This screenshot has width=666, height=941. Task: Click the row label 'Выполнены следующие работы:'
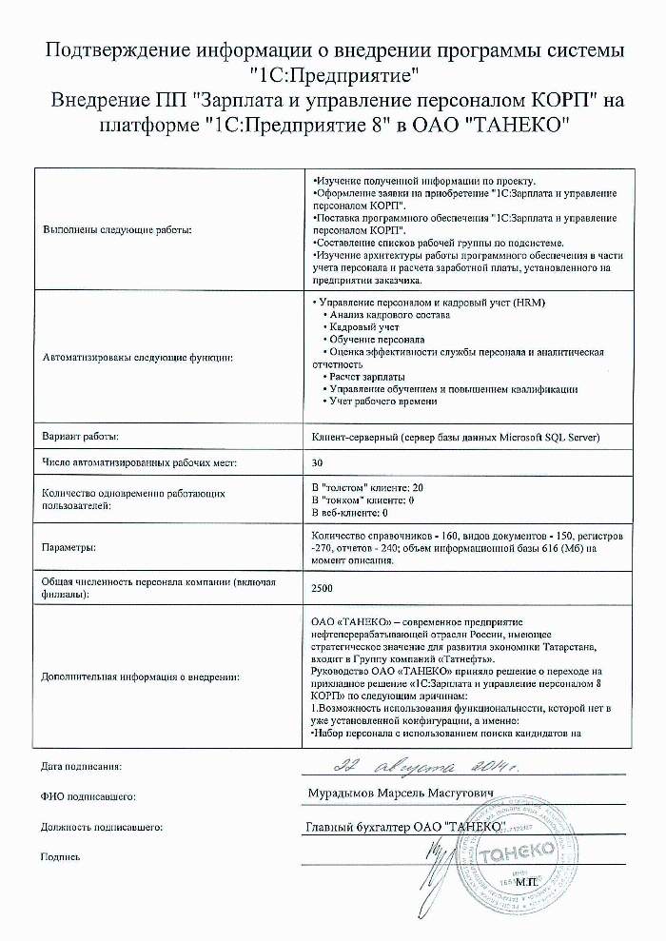(x=116, y=230)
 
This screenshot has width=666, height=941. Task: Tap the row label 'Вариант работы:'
(x=80, y=437)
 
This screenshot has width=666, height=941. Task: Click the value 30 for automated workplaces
(x=318, y=463)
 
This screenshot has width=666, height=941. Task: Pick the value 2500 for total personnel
(x=323, y=588)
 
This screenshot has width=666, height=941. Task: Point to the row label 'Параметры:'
(x=69, y=548)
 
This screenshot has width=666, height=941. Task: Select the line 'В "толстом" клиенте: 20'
(x=368, y=486)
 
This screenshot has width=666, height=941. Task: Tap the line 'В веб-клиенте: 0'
(x=349, y=513)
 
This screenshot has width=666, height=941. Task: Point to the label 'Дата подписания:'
(x=82, y=766)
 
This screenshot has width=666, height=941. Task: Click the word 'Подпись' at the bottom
(x=60, y=856)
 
